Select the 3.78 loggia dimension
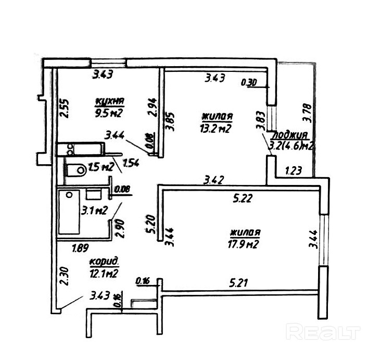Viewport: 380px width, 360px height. tap(307, 113)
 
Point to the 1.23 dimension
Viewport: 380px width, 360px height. tap(293, 170)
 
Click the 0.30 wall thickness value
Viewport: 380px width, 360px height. tap(249, 82)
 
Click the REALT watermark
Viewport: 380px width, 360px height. tap(324, 331)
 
